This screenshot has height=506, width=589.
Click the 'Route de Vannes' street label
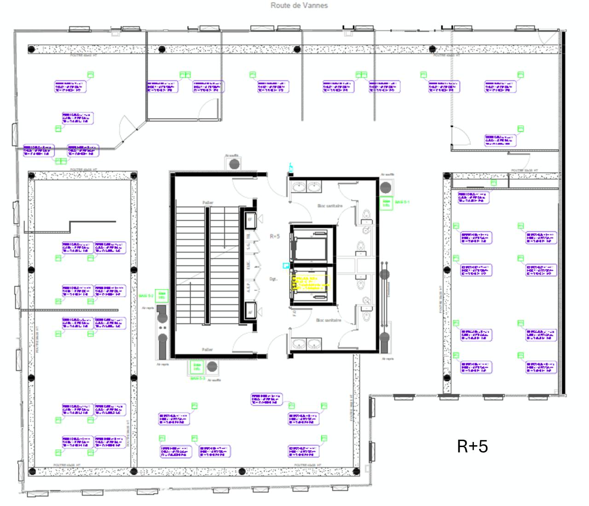point(299,6)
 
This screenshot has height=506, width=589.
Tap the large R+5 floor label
point(473,446)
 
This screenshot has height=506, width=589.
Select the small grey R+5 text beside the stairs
point(275,236)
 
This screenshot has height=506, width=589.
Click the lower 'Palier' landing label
point(208,349)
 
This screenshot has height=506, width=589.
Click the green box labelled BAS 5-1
point(386,203)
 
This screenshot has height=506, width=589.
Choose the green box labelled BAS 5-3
point(197,367)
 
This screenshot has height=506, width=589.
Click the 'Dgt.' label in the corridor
point(273,279)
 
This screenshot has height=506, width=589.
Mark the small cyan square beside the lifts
point(286,266)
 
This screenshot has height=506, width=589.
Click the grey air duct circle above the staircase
point(234,164)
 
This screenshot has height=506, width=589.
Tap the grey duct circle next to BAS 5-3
point(212,367)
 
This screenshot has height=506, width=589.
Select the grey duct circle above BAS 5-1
point(385,187)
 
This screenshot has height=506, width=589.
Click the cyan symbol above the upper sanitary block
point(290,168)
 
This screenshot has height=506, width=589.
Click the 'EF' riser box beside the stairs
point(250,220)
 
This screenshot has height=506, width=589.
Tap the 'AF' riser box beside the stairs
point(250,312)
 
